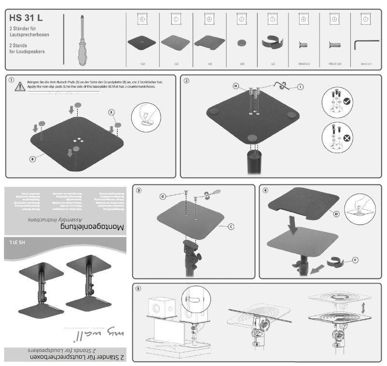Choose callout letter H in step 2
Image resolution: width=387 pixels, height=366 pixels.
click(236, 86)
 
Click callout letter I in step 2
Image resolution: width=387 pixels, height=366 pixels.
click(300, 87)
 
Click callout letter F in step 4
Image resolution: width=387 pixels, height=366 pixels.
click(355, 260)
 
